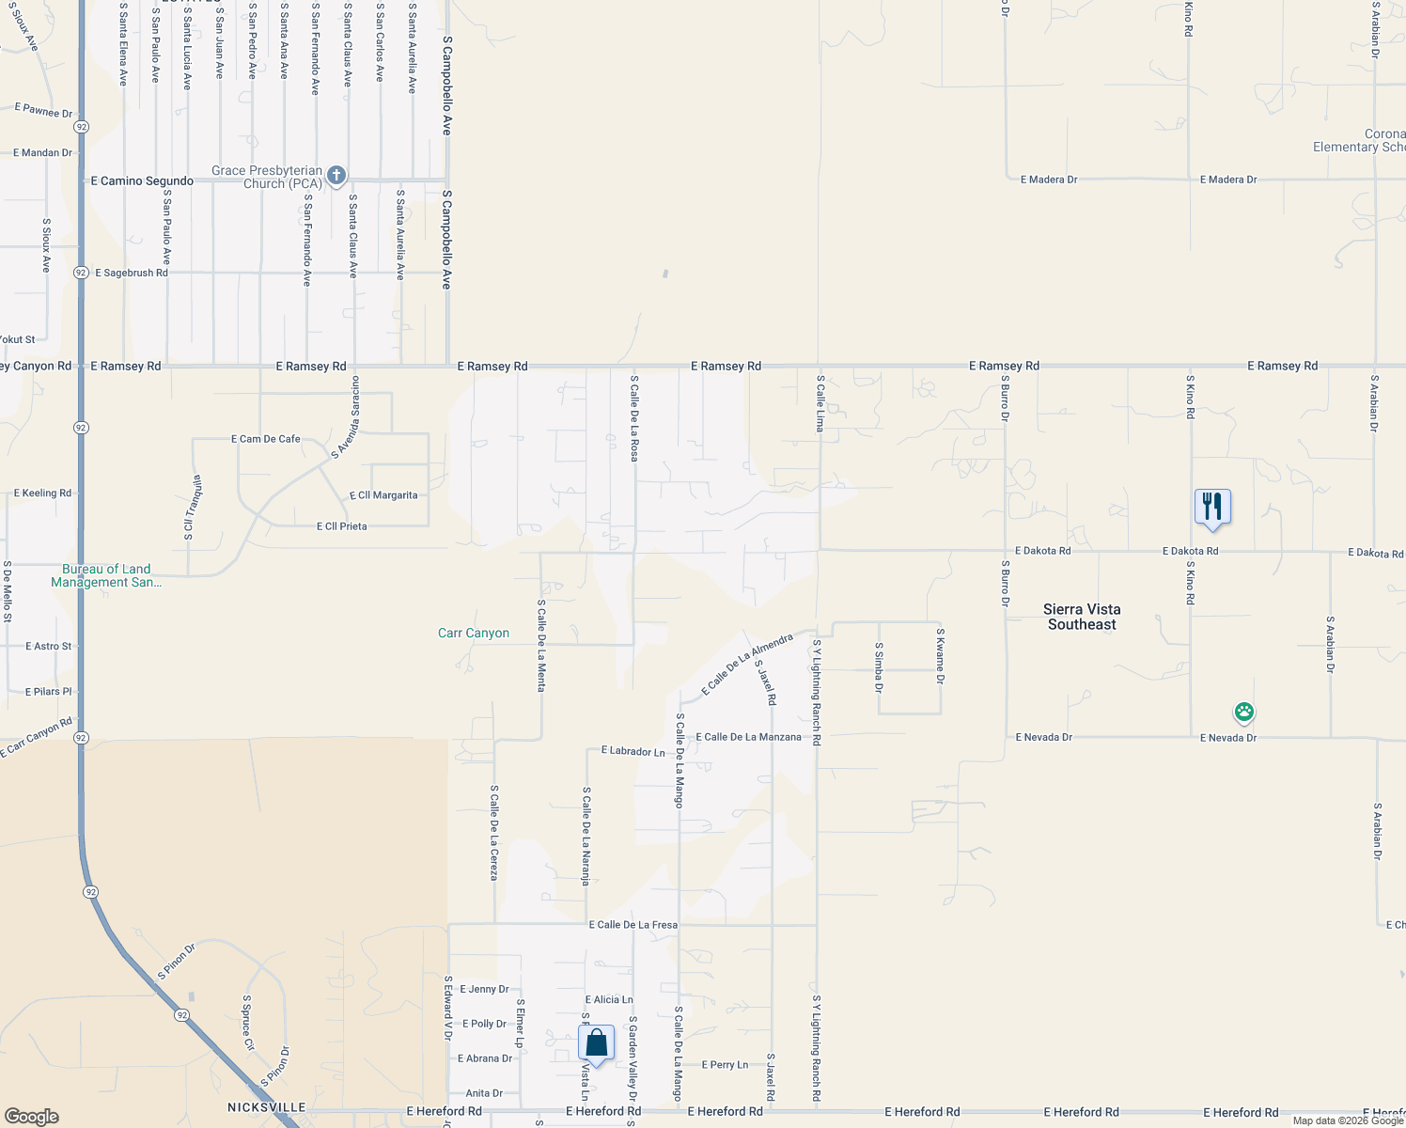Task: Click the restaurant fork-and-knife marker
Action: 1212,507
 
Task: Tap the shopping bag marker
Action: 596,1042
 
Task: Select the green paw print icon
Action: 1244,713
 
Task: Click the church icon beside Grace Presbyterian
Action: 336,176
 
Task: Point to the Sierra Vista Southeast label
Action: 1082,617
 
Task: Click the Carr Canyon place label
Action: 474,634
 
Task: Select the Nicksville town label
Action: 267,1107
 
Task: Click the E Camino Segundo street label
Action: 142,181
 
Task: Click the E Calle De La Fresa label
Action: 633,925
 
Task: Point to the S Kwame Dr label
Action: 940,656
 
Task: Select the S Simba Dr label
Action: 879,667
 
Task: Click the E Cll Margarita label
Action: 383,495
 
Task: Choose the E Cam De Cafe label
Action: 266,439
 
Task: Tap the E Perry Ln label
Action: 725,1065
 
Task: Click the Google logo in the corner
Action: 32,1116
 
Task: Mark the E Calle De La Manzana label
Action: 748,737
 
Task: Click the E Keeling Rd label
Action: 42,493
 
